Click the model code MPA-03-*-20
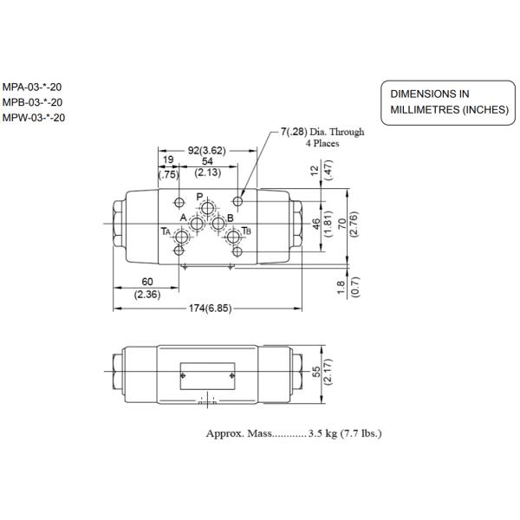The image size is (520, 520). click(x=32, y=87)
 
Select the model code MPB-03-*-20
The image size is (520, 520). click(x=32, y=102)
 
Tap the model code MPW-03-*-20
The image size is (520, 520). click(x=33, y=117)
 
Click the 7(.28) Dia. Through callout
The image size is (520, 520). click(x=322, y=133)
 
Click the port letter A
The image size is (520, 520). click(x=184, y=218)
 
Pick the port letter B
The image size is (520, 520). click(x=218, y=218)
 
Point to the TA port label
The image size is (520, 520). click(x=165, y=231)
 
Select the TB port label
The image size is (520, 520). click(x=247, y=231)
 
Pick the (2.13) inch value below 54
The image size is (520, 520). click(x=207, y=172)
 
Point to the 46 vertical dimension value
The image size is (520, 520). click(x=316, y=224)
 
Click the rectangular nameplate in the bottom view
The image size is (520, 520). click(x=208, y=374)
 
